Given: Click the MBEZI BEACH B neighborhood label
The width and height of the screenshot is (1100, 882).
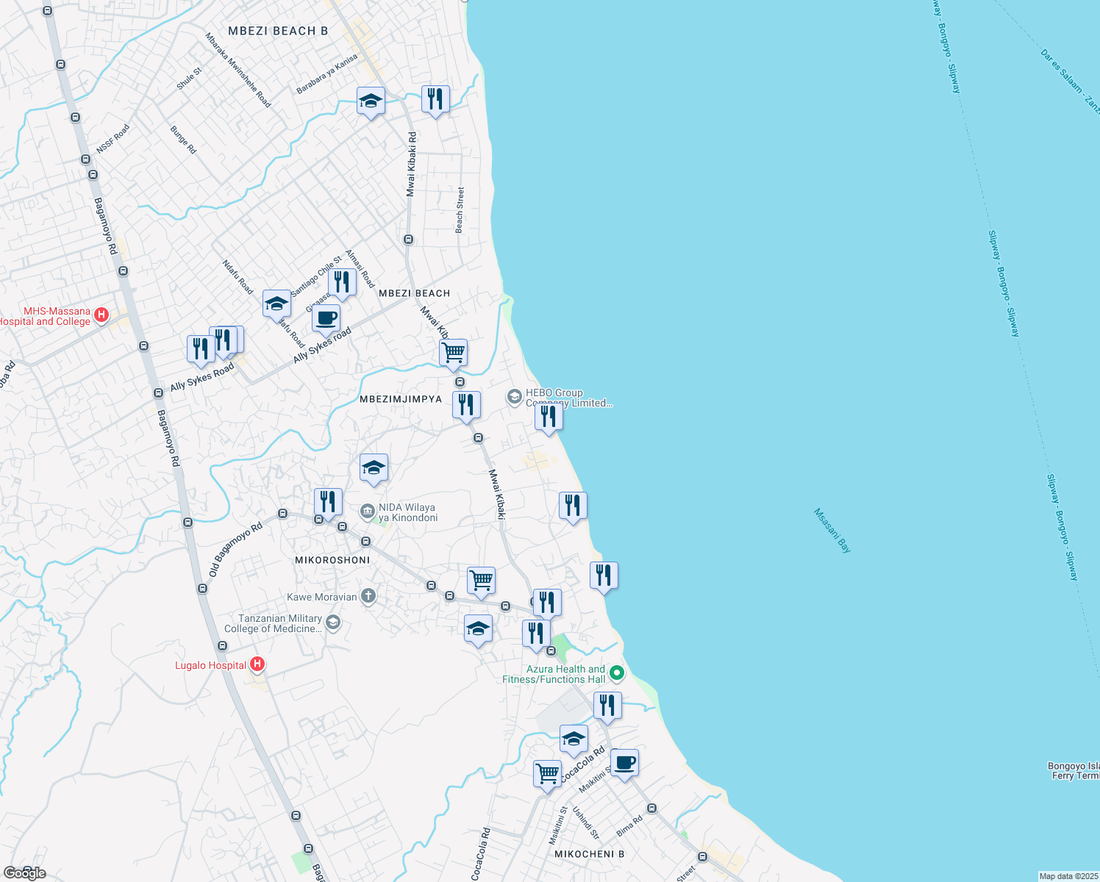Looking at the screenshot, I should [x=278, y=31].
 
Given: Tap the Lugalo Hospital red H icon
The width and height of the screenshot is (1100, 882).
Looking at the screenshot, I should [x=257, y=665].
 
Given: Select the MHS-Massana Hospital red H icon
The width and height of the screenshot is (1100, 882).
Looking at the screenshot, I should [x=101, y=316].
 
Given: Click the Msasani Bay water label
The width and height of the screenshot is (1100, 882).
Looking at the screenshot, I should [x=832, y=531].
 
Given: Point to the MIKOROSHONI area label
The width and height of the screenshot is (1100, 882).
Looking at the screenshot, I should [x=332, y=560].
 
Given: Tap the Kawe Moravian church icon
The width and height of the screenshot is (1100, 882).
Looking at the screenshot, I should [x=368, y=597].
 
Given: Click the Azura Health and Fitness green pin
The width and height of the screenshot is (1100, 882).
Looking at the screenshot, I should [x=617, y=673].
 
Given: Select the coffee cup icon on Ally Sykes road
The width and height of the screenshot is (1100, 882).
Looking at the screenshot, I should [x=326, y=319].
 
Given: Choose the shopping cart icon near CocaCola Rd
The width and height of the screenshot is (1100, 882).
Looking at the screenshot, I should [x=547, y=773].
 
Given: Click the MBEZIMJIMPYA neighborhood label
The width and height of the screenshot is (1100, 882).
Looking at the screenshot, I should [x=401, y=399].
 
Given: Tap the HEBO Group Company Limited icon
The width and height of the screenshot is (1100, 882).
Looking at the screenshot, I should [x=514, y=398].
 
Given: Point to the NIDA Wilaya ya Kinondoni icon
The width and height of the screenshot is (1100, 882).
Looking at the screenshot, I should [x=368, y=511].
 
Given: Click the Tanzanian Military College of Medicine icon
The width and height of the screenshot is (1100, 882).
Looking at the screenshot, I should [x=333, y=623].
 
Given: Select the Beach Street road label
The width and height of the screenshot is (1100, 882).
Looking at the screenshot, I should [x=460, y=210].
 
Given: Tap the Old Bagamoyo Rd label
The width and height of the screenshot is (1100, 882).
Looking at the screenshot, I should [x=235, y=549].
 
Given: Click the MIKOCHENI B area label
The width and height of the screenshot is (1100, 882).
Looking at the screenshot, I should [x=589, y=854].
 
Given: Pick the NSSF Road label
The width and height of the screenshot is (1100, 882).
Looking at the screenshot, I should [x=113, y=139].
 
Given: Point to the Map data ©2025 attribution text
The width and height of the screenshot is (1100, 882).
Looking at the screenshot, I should [x=1068, y=876].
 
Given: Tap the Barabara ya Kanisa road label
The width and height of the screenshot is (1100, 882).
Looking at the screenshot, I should [x=326, y=73].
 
